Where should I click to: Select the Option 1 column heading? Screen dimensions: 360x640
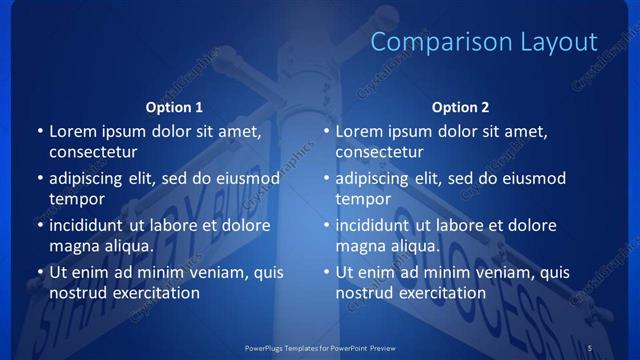174,107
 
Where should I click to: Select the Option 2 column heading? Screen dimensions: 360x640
460,107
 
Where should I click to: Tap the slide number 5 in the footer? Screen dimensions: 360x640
590,347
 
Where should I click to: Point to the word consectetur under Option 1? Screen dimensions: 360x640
93,152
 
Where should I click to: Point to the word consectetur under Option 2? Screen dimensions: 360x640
379,152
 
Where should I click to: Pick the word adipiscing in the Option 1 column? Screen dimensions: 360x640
91,179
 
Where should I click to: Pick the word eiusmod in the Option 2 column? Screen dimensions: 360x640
533,179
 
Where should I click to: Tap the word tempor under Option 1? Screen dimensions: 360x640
77,199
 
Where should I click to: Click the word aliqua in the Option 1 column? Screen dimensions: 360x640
125,246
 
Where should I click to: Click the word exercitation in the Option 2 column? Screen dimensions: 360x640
441,293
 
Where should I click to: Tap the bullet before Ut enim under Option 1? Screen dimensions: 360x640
39,272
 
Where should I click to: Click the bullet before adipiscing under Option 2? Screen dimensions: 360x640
325,179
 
